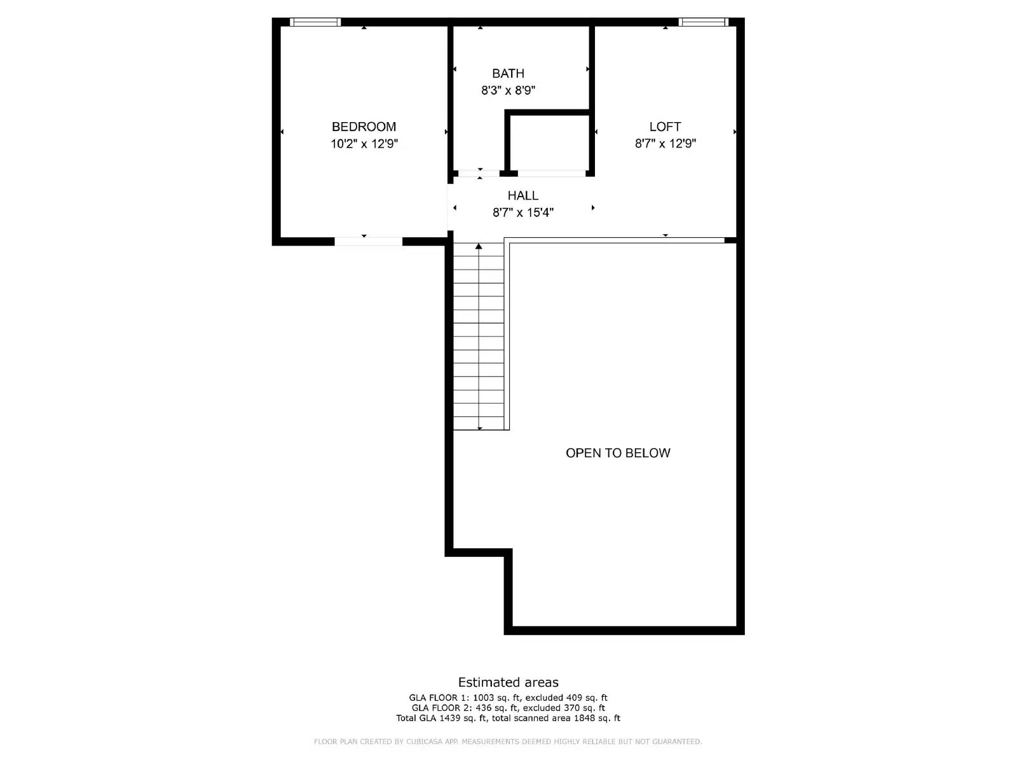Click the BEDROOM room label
click(364, 127)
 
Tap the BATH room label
click(508, 73)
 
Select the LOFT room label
click(665, 127)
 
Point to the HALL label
click(522, 195)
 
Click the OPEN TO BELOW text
click(618, 453)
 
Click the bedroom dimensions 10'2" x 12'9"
click(364, 144)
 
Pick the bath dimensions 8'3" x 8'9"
click(508, 90)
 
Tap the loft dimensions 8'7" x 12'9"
click(665, 144)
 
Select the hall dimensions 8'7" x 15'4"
click(522, 212)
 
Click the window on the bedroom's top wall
click(315, 22)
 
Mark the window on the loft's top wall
click(702, 22)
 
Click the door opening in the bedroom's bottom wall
click(368, 241)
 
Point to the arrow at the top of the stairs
click(479, 246)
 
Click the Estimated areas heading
click(508, 682)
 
